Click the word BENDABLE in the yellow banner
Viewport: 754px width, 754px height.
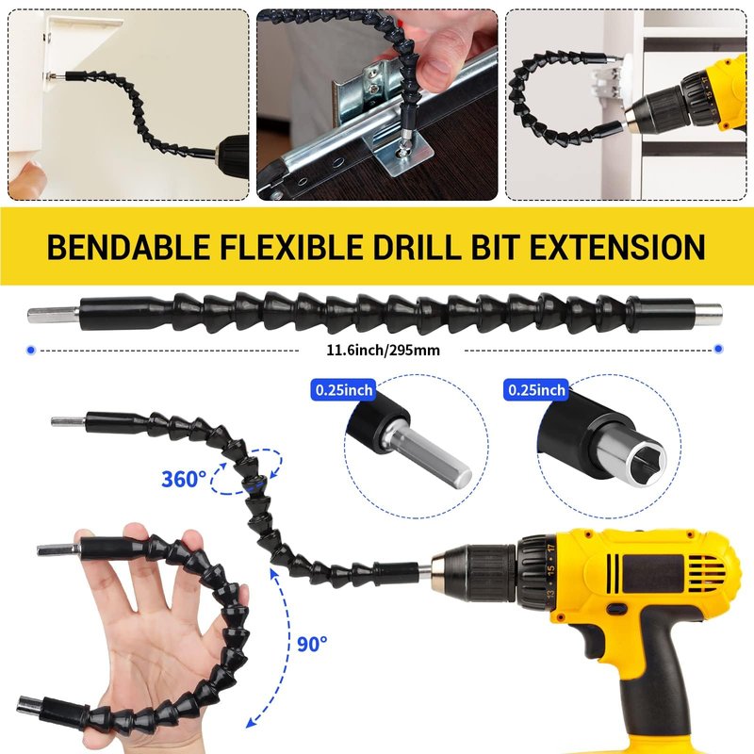click(128, 247)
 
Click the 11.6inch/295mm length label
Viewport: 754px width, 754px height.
click(383, 350)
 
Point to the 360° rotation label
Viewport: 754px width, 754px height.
click(183, 480)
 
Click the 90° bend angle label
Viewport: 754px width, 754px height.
click(312, 644)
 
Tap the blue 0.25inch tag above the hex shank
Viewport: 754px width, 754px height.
click(344, 390)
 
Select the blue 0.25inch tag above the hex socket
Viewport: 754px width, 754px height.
click(536, 390)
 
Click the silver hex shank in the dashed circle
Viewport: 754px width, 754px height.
click(429, 456)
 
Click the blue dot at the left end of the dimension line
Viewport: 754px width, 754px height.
click(31, 350)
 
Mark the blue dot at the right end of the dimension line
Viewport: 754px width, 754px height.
click(718, 349)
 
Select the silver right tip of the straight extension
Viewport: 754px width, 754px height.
click(709, 314)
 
